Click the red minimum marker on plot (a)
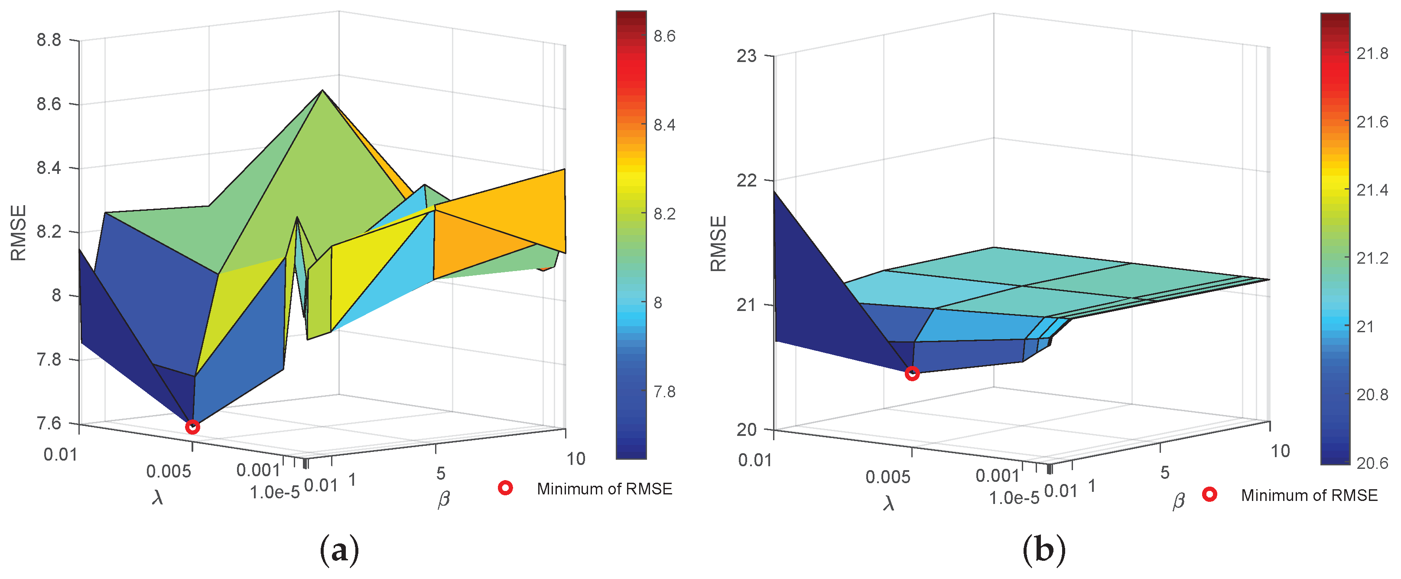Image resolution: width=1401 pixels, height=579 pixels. tap(192, 427)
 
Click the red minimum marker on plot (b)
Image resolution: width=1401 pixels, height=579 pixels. tap(912, 373)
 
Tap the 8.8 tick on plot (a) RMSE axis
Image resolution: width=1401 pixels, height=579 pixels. tap(49, 40)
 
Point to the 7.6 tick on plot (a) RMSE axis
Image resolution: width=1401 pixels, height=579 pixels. tap(49, 423)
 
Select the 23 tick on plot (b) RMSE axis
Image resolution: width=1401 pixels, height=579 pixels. tap(747, 56)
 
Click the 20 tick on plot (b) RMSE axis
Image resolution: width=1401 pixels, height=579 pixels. tap(747, 430)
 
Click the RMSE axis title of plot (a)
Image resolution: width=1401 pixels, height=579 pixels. tap(19, 233)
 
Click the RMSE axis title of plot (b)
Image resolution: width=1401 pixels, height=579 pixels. tap(718, 244)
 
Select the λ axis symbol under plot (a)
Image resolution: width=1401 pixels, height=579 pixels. tap(158, 497)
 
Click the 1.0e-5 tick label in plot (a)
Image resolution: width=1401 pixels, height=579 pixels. tap(275, 493)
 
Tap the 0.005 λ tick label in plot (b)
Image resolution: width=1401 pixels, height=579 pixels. tap(887, 477)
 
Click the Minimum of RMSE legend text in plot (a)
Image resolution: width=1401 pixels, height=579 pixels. tap(604, 489)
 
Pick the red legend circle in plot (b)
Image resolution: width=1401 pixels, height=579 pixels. tap(1209, 495)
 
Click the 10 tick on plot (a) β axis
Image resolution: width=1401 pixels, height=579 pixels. tap(576, 459)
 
